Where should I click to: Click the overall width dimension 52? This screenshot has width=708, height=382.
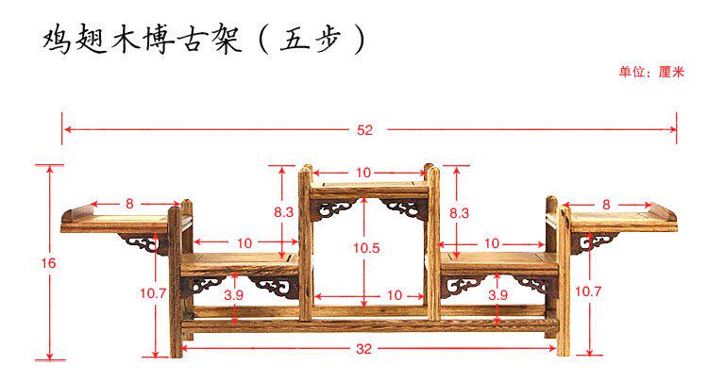[365, 130]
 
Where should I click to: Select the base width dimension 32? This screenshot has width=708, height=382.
[365, 349]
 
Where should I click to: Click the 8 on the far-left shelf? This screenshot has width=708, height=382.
[129, 203]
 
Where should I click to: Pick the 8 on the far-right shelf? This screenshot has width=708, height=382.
[605, 203]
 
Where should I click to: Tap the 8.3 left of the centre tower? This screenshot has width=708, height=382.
[283, 213]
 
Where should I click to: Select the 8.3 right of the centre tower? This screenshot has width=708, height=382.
[459, 213]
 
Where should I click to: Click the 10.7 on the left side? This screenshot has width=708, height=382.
[154, 293]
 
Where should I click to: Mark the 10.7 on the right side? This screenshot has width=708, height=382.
[588, 293]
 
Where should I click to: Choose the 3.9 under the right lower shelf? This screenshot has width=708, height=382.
[497, 295]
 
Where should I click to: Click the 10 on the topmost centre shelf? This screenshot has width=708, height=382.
[365, 173]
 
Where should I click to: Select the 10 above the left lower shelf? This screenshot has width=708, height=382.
[244, 243]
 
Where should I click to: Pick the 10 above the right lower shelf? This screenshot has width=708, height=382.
[492, 243]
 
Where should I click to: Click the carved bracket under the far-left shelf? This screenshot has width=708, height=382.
[144, 243]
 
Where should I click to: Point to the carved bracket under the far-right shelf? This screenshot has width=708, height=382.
[590, 243]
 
